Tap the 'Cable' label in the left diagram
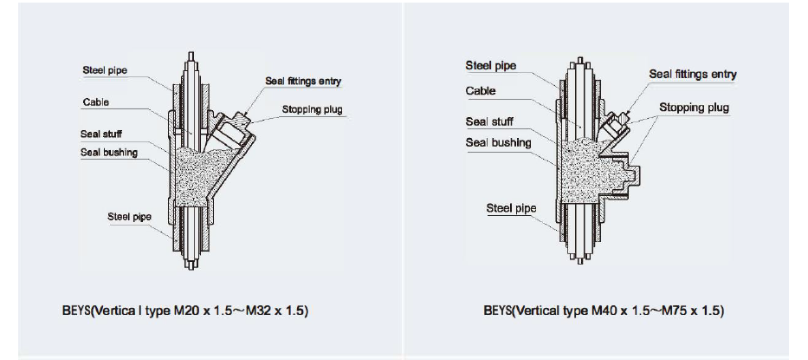coord(95,102)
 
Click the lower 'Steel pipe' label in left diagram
coord(130,216)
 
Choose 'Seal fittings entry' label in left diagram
coord(303,82)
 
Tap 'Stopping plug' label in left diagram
coord(312,110)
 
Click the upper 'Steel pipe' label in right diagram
coord(490,65)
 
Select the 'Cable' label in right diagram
coord(481,91)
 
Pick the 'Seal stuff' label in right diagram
coord(489,121)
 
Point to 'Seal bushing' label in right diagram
coord(498,142)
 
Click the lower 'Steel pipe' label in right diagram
coord(511,208)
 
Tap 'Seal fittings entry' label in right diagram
coord(693,75)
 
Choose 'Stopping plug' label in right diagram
coord(694,108)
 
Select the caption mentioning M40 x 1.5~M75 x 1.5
coord(604,311)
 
